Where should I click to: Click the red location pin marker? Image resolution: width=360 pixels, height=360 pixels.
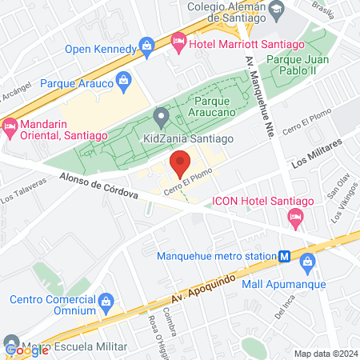[181, 164]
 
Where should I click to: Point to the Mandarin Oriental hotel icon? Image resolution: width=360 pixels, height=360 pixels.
[10, 126]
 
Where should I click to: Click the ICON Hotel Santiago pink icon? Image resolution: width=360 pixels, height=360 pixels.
[296, 216]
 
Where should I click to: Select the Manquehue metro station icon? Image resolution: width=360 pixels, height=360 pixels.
[284, 256]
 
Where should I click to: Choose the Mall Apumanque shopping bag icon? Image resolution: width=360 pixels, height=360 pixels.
[307, 261]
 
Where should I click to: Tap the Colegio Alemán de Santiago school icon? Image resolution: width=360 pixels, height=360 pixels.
[277, 10]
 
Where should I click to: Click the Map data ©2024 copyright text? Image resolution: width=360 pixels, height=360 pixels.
[325, 353]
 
